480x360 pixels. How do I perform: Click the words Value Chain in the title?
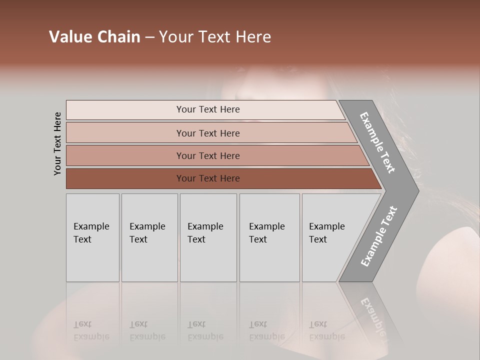click(x=94, y=37)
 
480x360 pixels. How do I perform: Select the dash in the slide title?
click(x=149, y=37)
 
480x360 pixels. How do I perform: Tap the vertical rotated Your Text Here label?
click(x=57, y=143)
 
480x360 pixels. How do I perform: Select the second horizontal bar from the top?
click(x=208, y=133)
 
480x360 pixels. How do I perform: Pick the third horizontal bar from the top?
click(x=208, y=155)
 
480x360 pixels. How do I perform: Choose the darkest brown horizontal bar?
click(x=208, y=178)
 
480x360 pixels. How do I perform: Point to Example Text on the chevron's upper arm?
click(x=377, y=142)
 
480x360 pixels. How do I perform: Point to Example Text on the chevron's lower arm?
click(x=378, y=236)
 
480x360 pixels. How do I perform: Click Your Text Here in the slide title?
click(x=215, y=37)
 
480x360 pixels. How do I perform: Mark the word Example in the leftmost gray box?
click(x=91, y=226)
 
